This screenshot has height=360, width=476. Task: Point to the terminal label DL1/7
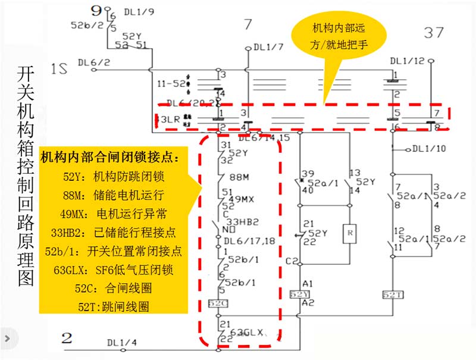(268, 47)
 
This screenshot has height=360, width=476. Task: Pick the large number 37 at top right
(434, 33)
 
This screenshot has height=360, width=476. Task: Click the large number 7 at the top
(248, 25)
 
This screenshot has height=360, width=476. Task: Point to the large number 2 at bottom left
(67, 339)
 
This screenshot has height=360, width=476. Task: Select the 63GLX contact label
(246, 331)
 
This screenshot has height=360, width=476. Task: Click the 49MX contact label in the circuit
(243, 199)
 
